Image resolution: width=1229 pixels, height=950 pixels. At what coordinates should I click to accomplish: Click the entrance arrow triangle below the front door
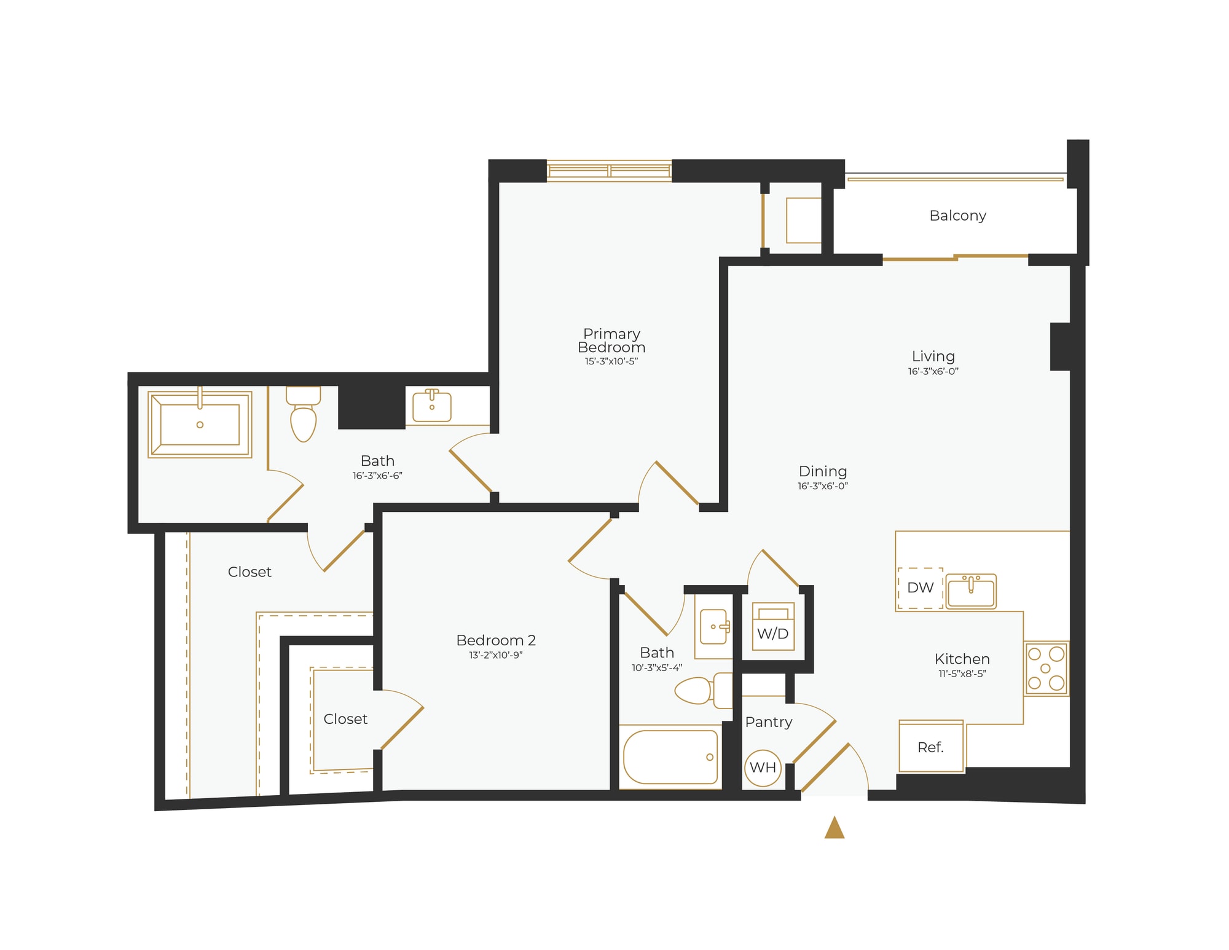tap(834, 828)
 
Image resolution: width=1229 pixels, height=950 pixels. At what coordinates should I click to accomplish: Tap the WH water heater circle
tap(763, 767)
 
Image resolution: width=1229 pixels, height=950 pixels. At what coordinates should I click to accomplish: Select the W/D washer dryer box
tap(773, 627)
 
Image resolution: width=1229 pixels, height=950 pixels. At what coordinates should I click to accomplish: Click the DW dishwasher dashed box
tap(920, 588)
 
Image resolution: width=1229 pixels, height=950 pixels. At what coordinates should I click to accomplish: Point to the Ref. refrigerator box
tap(930, 747)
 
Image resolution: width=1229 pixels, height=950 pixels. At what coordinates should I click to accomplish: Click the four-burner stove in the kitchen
tap(1046, 668)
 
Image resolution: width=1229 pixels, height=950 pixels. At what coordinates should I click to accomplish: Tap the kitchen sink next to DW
tap(971, 591)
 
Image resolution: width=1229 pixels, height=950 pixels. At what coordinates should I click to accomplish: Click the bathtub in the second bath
tap(670, 757)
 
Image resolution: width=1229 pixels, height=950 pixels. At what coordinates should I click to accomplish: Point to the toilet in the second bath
tap(701, 691)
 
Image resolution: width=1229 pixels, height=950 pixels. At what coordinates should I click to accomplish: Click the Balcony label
tap(957, 216)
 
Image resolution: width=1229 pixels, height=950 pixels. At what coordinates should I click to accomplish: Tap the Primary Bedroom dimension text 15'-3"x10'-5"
tap(611, 361)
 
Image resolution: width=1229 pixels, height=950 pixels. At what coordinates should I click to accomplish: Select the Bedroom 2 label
tap(496, 640)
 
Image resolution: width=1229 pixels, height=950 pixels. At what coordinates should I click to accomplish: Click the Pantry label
tap(768, 722)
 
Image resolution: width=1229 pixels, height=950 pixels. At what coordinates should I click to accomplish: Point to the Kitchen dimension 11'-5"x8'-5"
tap(962, 673)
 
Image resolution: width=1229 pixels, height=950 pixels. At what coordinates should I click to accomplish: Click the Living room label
tap(933, 356)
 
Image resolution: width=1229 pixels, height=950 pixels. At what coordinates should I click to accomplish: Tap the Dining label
tap(822, 471)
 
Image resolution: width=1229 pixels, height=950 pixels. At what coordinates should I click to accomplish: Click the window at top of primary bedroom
tap(609, 170)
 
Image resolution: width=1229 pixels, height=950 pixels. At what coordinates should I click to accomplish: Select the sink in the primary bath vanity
tap(431, 406)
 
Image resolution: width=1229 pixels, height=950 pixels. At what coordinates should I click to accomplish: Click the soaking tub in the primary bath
tap(200, 425)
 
